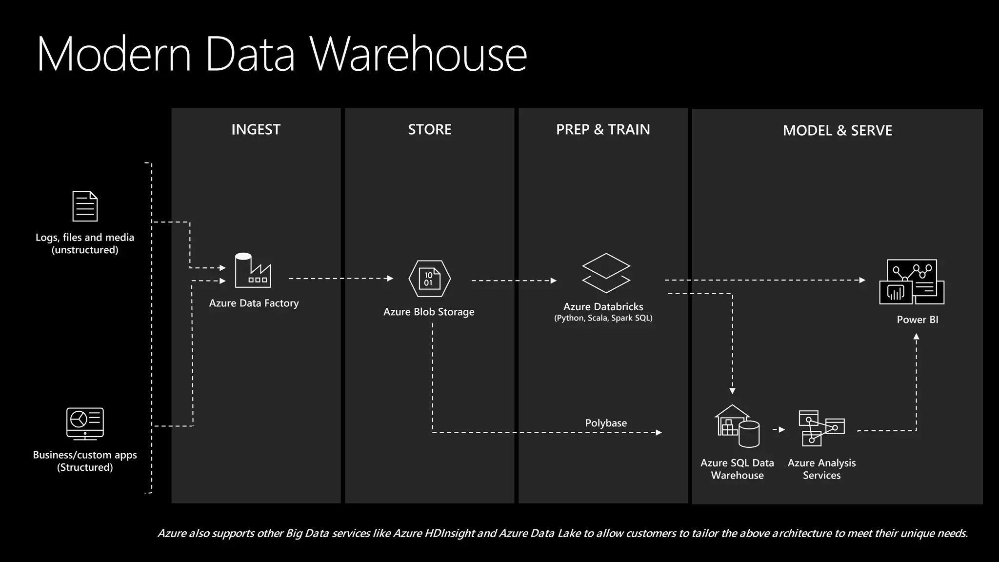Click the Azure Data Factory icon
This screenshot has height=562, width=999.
pyautogui.click(x=253, y=271)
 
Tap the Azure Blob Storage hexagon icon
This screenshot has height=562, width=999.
pyautogui.click(x=429, y=279)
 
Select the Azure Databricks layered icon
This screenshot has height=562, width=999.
pyautogui.click(x=606, y=273)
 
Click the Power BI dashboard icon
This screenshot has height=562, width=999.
pyautogui.click(x=912, y=282)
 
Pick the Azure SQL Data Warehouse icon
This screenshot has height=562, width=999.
pyautogui.click(x=737, y=426)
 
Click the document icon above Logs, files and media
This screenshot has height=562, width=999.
pyautogui.click(x=85, y=206)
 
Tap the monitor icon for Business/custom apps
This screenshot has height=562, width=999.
pyautogui.click(x=85, y=423)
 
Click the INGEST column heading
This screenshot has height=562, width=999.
pyautogui.click(x=256, y=129)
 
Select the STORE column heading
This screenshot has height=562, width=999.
pyautogui.click(x=429, y=129)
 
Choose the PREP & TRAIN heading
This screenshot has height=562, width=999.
pyautogui.click(x=603, y=129)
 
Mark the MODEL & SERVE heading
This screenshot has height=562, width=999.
pyautogui.click(x=837, y=130)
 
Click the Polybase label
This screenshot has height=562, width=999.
pyautogui.click(x=606, y=423)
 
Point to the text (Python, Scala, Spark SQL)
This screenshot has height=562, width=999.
pyautogui.click(x=603, y=318)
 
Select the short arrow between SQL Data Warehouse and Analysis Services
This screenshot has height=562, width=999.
pyautogui.click(x=779, y=430)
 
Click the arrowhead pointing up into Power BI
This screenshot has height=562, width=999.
pyautogui.click(x=916, y=337)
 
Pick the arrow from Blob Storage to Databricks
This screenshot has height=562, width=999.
pyautogui.click(x=514, y=281)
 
